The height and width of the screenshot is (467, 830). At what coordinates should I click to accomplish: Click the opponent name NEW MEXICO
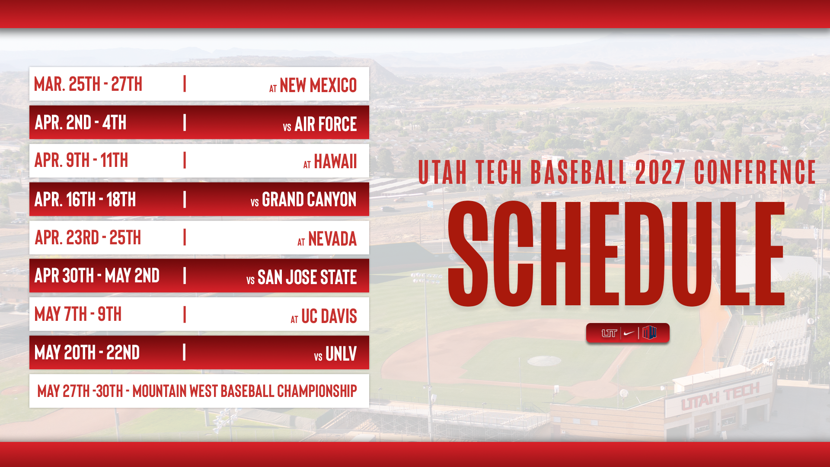(318, 85)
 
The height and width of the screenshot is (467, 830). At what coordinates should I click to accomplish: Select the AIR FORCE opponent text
(326, 124)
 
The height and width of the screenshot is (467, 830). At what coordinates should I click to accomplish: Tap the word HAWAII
(335, 162)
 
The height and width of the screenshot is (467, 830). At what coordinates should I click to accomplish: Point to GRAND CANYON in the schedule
(309, 200)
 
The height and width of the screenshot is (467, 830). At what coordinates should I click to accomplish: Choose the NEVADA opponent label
(332, 239)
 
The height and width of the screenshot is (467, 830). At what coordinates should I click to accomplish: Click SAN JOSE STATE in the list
(307, 277)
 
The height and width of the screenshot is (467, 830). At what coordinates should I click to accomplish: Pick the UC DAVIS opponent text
(329, 316)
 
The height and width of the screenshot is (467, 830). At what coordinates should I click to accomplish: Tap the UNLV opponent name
(341, 354)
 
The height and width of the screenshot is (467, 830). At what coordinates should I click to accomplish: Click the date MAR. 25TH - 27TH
(88, 84)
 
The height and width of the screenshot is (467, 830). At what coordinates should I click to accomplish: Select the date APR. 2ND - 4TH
(80, 122)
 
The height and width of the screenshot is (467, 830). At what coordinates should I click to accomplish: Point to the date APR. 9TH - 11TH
(81, 160)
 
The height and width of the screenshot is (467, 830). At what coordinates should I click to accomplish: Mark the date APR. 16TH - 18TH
(85, 199)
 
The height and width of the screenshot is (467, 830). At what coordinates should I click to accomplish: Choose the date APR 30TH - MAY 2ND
(97, 275)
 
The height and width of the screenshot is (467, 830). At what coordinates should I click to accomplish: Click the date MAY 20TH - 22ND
(87, 352)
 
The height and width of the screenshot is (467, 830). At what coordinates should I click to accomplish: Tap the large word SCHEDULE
(616, 254)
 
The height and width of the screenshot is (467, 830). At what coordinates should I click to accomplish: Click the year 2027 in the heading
(660, 172)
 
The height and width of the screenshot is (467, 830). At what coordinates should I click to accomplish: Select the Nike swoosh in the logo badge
(629, 333)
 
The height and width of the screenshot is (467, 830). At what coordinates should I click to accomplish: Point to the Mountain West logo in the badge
(649, 333)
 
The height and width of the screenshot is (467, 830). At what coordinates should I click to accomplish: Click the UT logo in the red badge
(609, 333)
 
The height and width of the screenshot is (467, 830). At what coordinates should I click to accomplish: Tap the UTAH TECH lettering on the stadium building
(720, 396)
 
